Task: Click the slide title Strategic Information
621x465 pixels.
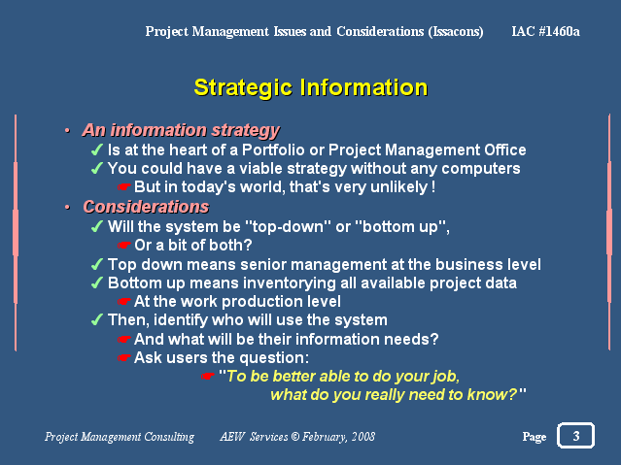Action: pos(311,87)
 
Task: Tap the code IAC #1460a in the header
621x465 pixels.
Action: pos(546,31)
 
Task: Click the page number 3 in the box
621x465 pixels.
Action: pos(576,436)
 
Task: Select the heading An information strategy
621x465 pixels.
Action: pos(181,130)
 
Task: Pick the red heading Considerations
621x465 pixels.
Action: pos(146,207)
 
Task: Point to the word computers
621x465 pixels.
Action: pos(481,169)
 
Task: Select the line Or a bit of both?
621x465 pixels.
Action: pos(193,245)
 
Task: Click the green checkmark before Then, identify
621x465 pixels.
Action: pos(97,319)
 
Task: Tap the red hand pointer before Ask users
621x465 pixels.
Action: pos(124,358)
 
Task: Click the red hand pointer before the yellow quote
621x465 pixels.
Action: pos(208,376)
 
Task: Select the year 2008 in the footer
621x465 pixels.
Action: pos(363,437)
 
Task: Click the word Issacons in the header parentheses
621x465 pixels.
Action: pos(456,31)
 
